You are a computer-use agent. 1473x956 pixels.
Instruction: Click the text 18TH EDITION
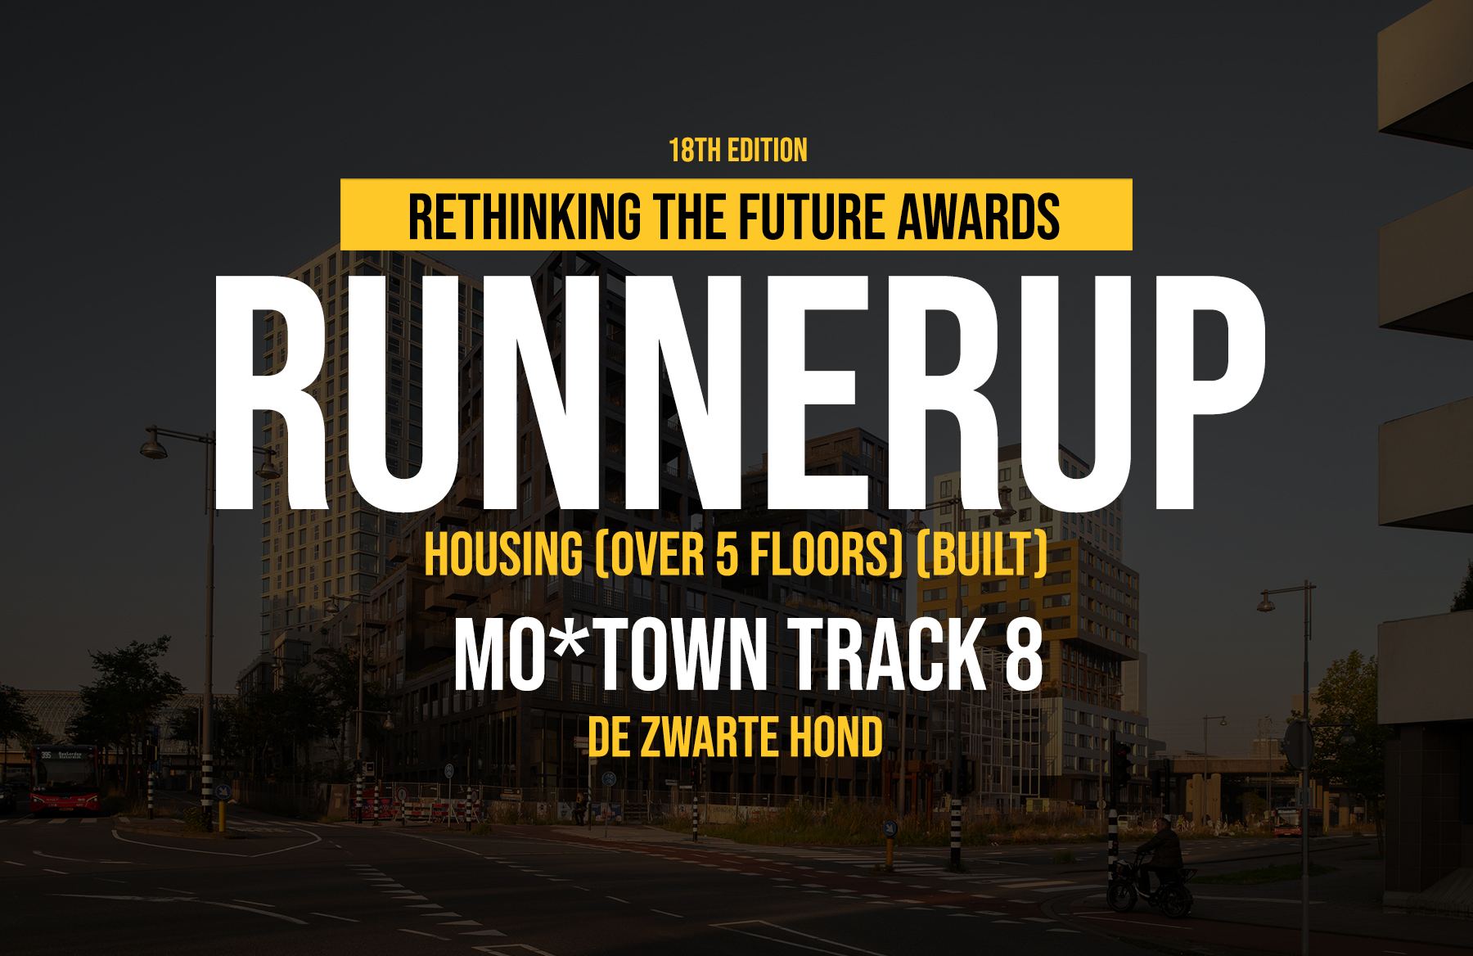click(x=738, y=151)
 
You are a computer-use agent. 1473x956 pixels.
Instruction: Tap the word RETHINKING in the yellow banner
click(x=525, y=218)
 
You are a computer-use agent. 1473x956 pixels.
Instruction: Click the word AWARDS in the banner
click(x=979, y=218)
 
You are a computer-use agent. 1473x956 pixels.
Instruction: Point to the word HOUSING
click(x=504, y=555)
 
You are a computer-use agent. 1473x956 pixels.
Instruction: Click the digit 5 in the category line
click(x=727, y=555)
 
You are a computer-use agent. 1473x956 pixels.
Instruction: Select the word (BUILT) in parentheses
click(x=982, y=555)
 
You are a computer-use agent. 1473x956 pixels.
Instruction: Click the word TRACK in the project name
click(x=888, y=654)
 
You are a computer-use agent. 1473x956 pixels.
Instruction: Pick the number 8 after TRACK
click(x=1024, y=654)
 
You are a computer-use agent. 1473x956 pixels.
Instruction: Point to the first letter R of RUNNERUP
click(x=272, y=392)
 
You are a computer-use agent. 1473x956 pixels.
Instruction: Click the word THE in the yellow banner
click(x=690, y=218)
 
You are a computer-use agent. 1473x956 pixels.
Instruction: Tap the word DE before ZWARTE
click(x=609, y=737)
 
